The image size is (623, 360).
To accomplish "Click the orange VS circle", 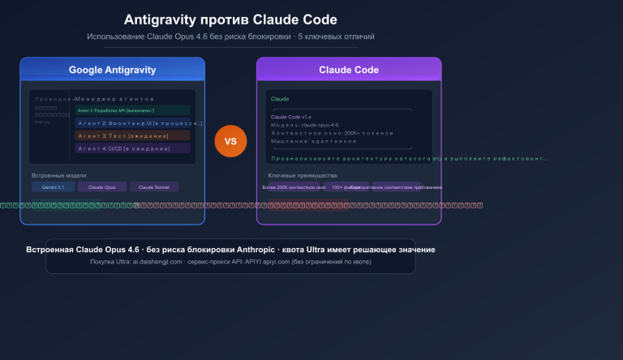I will tap(230, 141).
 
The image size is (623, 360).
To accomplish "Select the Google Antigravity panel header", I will tap(112, 70).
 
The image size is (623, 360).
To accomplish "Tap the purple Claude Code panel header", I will tap(349, 70).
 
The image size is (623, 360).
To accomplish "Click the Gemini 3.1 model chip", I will tap(53, 186).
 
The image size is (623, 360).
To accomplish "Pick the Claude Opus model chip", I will tap(102, 186).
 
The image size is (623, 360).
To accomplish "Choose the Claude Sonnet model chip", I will tap(154, 186).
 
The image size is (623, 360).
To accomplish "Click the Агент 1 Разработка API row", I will tap(133, 109).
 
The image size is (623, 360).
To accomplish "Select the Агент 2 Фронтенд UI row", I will tap(133, 122).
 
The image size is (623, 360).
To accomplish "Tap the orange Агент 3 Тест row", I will tap(133, 135).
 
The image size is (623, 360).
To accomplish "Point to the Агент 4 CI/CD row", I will tap(133, 148).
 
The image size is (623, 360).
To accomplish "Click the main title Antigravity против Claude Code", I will tap(230, 19).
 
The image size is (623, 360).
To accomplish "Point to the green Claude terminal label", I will tap(280, 98).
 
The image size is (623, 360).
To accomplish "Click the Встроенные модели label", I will tap(59, 175).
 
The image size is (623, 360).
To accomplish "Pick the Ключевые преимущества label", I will tap(303, 175).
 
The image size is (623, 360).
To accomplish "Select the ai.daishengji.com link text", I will tap(160, 262).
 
